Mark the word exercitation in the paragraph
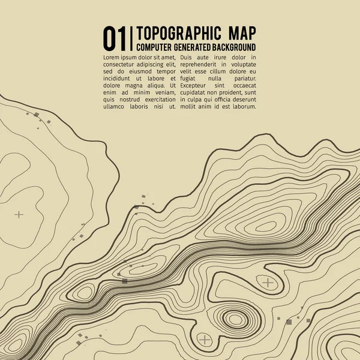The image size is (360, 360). (154, 100)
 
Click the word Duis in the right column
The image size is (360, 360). (188, 56)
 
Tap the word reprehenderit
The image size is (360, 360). (204, 64)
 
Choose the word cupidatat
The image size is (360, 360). (197, 92)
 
